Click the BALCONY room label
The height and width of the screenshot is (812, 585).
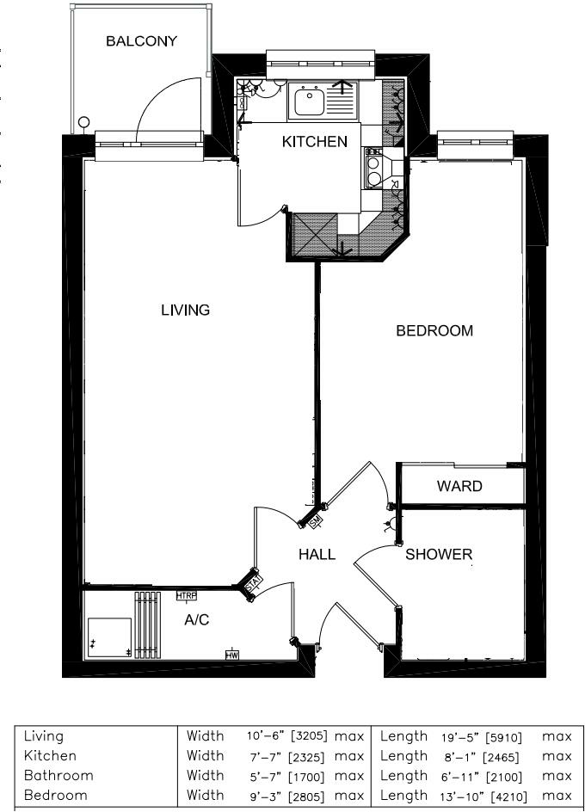click(141, 41)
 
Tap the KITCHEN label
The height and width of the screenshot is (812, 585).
click(315, 142)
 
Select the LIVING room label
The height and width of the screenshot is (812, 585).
click(185, 311)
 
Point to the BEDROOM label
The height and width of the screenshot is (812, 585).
click(434, 331)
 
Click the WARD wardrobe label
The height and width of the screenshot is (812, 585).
click(459, 486)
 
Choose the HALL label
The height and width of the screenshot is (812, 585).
click(317, 555)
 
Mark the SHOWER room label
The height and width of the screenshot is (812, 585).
click(439, 555)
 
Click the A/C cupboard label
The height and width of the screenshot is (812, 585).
click(197, 619)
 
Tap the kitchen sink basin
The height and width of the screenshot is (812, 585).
click(308, 103)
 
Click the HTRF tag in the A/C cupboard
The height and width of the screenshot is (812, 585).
click(186, 595)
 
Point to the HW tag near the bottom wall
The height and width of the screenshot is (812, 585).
click(231, 655)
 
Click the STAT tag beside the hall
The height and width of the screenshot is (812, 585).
click(253, 581)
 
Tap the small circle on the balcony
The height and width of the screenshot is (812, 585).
click(83, 122)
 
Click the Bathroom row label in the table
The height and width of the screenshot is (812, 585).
click(58, 774)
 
